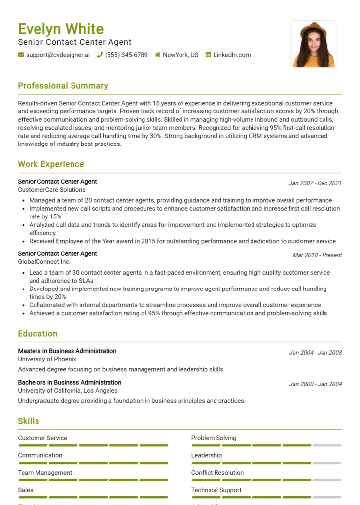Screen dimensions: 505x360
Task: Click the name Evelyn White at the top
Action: pyautogui.click(x=61, y=29)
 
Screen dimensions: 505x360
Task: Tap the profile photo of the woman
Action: pyautogui.click(x=314, y=44)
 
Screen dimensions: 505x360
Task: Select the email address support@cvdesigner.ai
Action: pyautogui.click(x=58, y=55)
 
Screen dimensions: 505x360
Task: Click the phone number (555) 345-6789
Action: pyautogui.click(x=126, y=55)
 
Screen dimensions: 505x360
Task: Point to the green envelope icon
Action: pyautogui.click(x=21, y=55)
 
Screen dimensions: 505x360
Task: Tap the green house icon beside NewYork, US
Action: pyautogui.click(x=158, y=55)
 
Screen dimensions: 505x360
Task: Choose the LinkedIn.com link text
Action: pyautogui.click(x=232, y=55)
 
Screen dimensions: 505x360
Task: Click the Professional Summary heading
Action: pyautogui.click(x=63, y=86)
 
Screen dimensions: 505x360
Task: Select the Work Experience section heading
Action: pyautogui.click(x=51, y=164)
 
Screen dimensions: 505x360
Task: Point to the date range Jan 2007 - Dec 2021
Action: pyautogui.click(x=315, y=183)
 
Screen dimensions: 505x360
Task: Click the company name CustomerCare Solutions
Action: pyautogui.click(x=52, y=190)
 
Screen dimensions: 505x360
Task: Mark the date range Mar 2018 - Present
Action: pyautogui.click(x=317, y=255)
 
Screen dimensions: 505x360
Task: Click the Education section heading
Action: pyautogui.click(x=37, y=334)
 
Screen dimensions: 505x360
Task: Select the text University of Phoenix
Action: pyautogui.click(x=47, y=359)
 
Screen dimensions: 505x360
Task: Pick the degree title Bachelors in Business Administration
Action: pyautogui.click(x=70, y=382)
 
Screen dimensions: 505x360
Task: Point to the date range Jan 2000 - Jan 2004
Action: pyautogui.click(x=315, y=384)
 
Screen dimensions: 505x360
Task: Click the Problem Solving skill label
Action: pyautogui.click(x=214, y=438)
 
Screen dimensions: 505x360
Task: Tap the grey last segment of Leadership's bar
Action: pyautogui.click(x=326, y=463)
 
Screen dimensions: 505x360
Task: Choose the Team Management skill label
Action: pyautogui.click(x=45, y=473)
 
